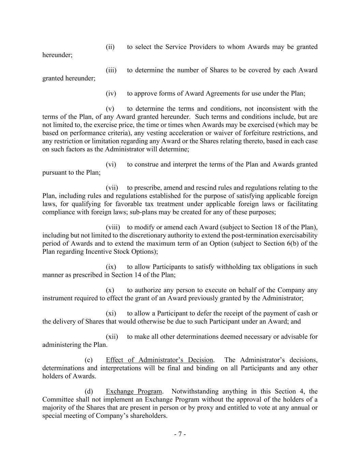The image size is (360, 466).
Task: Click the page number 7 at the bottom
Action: (180, 434)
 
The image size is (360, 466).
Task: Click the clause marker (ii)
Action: (110, 47)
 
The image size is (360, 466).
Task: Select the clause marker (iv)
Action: (111, 93)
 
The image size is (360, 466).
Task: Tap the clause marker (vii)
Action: (112, 187)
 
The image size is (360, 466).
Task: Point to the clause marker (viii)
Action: (113, 227)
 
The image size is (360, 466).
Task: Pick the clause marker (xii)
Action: (112, 337)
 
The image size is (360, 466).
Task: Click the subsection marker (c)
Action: (89, 360)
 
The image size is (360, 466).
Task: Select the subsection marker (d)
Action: (89, 391)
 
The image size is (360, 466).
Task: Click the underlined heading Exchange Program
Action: (134, 391)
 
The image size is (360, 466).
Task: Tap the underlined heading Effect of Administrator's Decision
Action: (159, 360)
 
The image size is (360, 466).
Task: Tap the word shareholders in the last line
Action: (148, 416)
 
